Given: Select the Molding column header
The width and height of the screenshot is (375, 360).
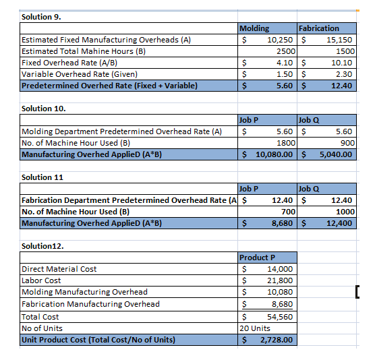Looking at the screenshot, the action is click(x=254, y=28).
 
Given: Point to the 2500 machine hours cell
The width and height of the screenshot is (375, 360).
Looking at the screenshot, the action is click(x=285, y=51).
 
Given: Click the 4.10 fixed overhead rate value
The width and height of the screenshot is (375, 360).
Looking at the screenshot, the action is click(x=285, y=63).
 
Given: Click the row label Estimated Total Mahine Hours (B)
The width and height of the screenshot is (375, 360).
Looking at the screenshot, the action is click(x=84, y=51).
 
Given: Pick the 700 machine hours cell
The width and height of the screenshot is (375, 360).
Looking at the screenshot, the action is click(x=288, y=212).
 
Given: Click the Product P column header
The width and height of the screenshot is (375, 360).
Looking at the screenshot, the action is click(x=258, y=258).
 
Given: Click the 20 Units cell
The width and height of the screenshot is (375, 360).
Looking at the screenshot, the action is click(x=256, y=328).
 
